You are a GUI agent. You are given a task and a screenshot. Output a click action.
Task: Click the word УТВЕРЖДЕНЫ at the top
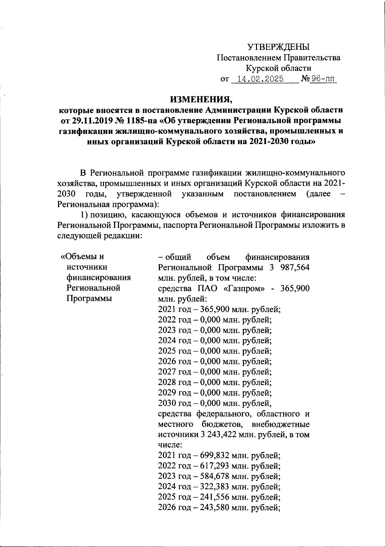[278, 47]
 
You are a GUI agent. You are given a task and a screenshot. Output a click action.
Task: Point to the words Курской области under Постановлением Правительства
[278, 68]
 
